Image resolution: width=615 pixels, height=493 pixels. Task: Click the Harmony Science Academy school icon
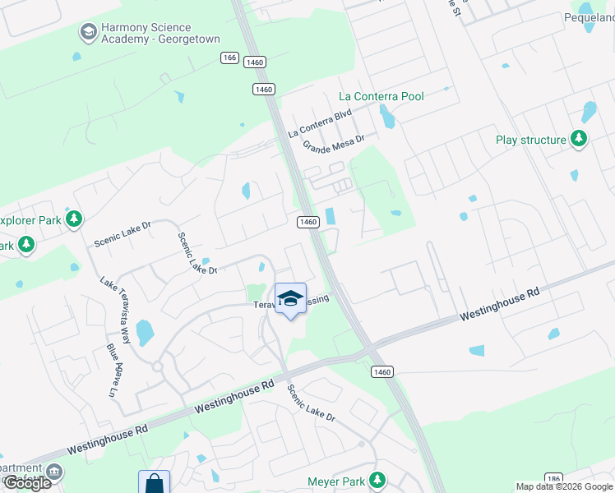[87, 32]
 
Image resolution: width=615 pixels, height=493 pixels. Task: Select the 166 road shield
[229, 58]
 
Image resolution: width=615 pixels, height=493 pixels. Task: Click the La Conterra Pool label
[381, 96]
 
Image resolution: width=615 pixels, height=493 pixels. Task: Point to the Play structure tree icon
[580, 139]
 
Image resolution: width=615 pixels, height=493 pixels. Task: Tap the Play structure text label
[531, 140]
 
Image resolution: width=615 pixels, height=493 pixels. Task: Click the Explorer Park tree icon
[75, 219]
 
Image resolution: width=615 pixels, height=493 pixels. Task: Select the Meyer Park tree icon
[377, 479]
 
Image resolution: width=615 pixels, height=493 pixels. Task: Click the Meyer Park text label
[335, 481]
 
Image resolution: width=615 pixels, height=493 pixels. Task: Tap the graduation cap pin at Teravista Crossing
[290, 299]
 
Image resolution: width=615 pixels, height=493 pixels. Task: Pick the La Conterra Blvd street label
[320, 122]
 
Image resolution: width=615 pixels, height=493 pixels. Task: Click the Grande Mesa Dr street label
[333, 145]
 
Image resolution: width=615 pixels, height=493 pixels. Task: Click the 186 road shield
[553, 478]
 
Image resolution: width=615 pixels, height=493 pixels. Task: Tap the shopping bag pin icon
[154, 483]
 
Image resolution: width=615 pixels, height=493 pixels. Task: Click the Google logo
[27, 483]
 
